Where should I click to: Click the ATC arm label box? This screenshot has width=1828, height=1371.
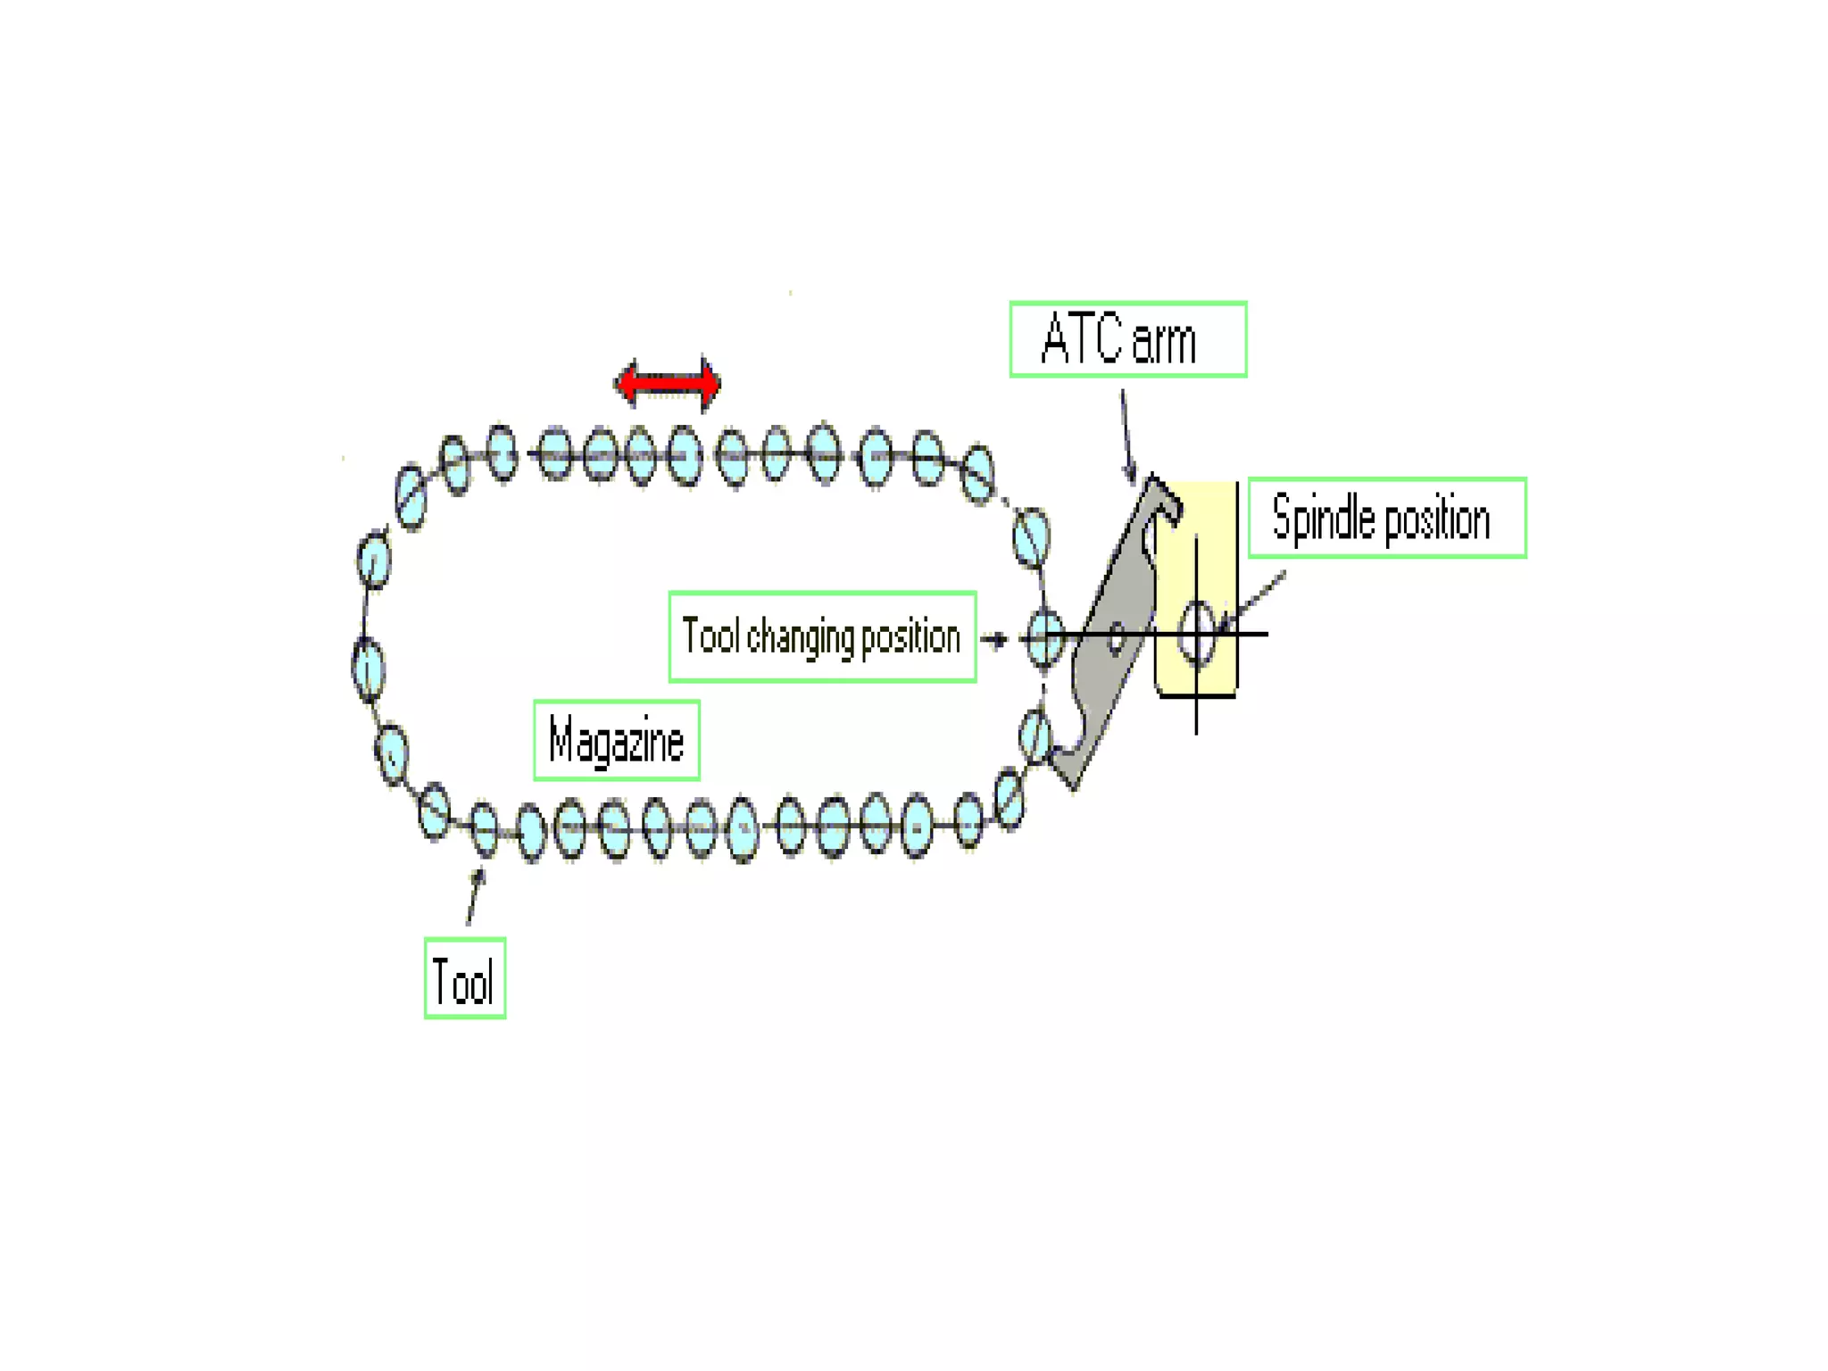(1127, 339)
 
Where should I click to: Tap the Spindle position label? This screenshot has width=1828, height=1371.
(1386, 518)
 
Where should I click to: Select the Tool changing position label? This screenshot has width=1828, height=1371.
(822, 636)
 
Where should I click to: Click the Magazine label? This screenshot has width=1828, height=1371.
(616, 740)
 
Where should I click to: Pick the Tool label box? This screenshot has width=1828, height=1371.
(464, 978)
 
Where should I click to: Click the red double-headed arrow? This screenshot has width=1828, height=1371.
(667, 384)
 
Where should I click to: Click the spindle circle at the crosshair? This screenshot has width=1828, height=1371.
(1197, 633)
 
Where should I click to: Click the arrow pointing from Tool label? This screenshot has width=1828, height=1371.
(474, 897)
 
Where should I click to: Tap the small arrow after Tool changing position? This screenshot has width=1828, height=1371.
(993, 638)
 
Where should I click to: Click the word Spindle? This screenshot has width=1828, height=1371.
(1323, 518)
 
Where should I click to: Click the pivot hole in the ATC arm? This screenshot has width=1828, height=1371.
(1116, 639)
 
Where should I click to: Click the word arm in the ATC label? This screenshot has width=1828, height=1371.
(1163, 341)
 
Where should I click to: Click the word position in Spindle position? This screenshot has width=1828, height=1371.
(1436, 519)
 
